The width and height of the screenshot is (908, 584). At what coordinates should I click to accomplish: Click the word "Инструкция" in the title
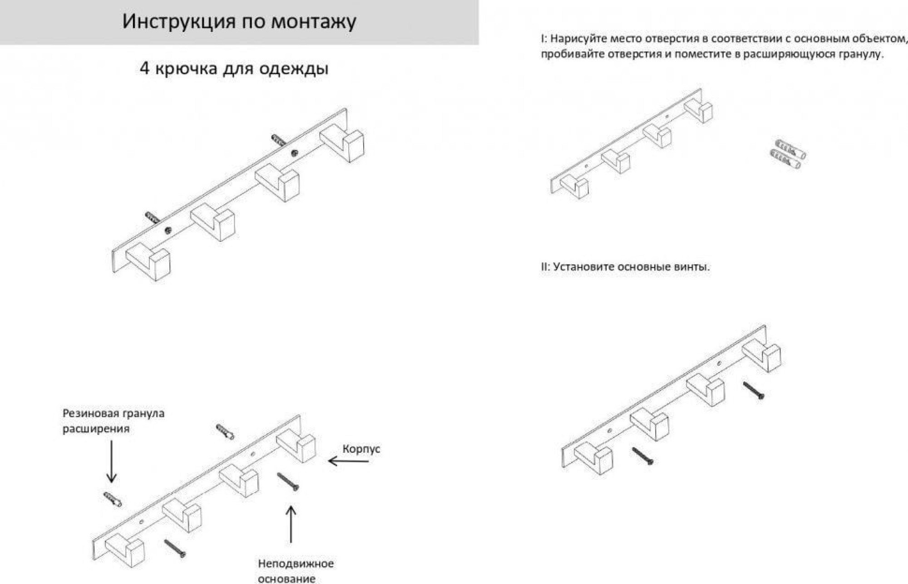pos(179,22)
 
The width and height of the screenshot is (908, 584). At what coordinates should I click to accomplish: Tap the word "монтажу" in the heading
pos(313,22)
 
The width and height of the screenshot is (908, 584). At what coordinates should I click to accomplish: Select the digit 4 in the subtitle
pos(144,69)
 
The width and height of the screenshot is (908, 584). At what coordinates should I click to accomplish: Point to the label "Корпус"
pos(361,449)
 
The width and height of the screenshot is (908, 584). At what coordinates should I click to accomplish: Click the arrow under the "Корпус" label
pos(348,461)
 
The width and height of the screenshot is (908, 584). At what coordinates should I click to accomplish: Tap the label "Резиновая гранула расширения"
pos(113,421)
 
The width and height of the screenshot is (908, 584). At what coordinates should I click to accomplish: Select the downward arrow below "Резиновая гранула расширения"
pos(111,462)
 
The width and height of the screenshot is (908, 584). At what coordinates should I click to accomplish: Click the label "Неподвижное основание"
pos(296,571)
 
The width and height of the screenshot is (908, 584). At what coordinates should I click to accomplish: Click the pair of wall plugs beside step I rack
pos(788,154)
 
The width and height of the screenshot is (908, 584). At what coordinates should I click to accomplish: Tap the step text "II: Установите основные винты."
pos(625,267)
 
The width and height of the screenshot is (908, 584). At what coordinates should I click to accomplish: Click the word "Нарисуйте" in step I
pos(578,39)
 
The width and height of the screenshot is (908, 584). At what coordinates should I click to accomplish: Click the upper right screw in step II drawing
pos(754,390)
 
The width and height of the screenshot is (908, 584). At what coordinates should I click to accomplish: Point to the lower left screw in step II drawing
pos(643,456)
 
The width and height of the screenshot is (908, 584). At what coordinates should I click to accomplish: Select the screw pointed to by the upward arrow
pos(288,482)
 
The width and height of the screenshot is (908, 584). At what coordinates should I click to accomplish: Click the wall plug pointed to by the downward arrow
pos(112,499)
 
